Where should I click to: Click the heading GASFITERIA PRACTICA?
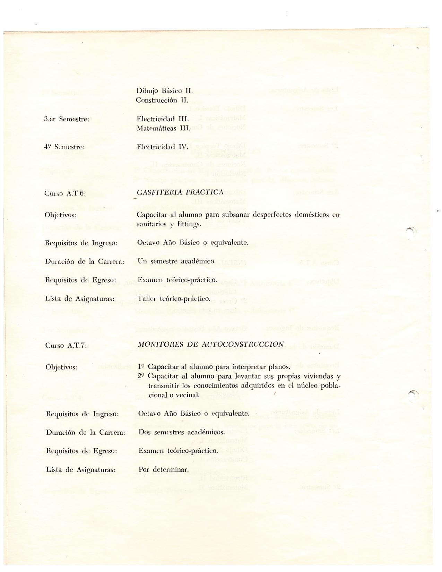[x=180, y=192]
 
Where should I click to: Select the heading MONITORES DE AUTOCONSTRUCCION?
[x=211, y=344]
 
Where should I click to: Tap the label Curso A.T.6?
[x=65, y=193]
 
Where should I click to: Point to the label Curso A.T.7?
[x=66, y=346]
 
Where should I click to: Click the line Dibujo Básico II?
[x=164, y=91]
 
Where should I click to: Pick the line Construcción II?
[x=162, y=100]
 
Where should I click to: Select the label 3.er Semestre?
[x=67, y=119]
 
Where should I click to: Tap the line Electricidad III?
[x=163, y=119]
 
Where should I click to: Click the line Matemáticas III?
[x=163, y=128]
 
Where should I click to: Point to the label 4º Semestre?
[x=64, y=147]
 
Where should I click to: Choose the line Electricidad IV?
[x=162, y=147]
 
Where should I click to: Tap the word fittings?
[x=189, y=224]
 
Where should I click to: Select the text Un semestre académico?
[x=176, y=261]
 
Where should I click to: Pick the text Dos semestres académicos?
[x=182, y=432]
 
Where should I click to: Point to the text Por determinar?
[x=164, y=470]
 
